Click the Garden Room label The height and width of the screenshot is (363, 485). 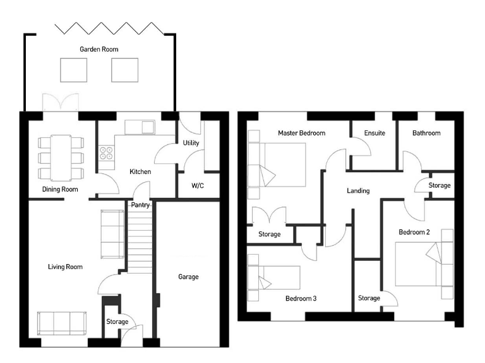[x=99, y=49]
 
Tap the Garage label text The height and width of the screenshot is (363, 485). [x=188, y=277]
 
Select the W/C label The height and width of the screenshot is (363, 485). [x=198, y=186]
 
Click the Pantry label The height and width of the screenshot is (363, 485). [x=140, y=205]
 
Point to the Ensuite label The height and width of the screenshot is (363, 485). [x=374, y=134]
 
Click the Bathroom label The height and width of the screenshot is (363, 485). [x=426, y=134]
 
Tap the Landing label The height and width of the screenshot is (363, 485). [x=358, y=191]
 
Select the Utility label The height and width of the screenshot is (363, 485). [x=191, y=143]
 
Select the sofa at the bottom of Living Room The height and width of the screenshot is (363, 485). [x=61, y=323]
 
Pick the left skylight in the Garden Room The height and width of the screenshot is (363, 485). [x=74, y=69]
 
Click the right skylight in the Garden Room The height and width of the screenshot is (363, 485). [x=124, y=69]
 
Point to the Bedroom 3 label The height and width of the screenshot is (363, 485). [x=301, y=298]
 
